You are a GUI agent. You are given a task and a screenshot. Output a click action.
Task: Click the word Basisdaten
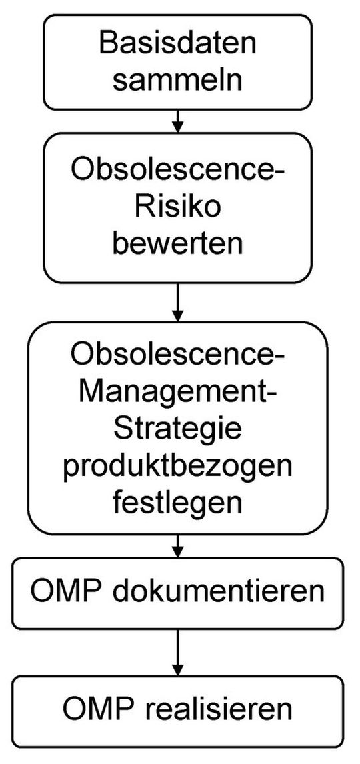pos(177,44)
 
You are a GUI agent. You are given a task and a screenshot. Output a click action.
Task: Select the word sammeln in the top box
pos(177,80)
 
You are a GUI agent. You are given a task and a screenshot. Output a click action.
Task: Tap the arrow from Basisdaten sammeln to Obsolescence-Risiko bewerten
pos(177,121)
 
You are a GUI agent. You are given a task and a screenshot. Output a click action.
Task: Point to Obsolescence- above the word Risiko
pos(177,171)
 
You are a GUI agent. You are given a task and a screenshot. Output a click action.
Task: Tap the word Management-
pos(177,395)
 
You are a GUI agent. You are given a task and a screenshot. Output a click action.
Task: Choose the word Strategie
pos(177,432)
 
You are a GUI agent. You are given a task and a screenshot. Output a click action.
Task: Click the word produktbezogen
pos(177,468)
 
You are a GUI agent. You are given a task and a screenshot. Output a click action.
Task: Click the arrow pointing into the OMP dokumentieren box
pos(177,545)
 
